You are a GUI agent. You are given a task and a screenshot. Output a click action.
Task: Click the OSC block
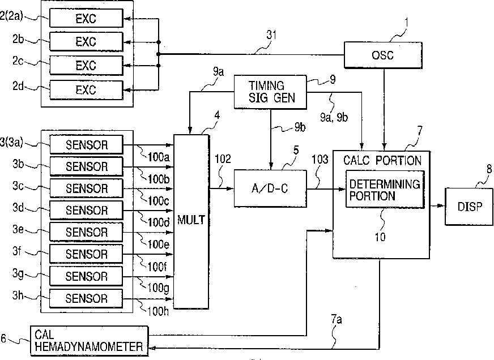click(x=383, y=55)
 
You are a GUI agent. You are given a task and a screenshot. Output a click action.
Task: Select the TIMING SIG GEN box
click(x=270, y=92)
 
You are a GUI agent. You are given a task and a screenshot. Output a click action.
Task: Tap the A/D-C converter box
click(x=270, y=188)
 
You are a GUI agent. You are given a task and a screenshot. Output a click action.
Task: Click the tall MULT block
click(x=191, y=221)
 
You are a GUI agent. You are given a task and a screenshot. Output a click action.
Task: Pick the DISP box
click(x=469, y=207)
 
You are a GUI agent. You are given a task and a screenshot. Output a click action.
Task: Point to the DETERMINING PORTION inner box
click(x=385, y=189)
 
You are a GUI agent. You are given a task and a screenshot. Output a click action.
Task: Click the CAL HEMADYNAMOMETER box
click(x=89, y=341)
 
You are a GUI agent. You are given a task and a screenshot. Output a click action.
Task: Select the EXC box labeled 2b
click(x=86, y=41)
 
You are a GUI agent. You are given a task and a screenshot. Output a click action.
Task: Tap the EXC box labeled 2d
click(x=86, y=90)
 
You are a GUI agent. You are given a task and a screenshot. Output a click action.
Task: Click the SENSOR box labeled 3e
click(x=86, y=232)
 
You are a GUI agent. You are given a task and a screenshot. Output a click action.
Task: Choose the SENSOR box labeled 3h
click(x=86, y=298)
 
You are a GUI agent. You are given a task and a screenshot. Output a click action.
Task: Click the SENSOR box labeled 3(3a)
click(x=86, y=145)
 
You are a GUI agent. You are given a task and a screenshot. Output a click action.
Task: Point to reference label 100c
click(x=158, y=200)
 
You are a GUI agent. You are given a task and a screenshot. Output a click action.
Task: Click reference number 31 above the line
click(x=271, y=35)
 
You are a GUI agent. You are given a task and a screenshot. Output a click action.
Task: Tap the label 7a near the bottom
click(x=336, y=319)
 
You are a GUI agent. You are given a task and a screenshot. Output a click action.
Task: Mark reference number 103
click(x=320, y=159)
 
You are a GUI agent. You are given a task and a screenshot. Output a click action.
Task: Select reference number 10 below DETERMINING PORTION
click(x=380, y=237)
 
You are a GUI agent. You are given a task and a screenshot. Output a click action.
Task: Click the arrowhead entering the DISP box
click(x=441, y=206)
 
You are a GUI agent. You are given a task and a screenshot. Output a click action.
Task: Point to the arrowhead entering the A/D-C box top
click(x=271, y=166)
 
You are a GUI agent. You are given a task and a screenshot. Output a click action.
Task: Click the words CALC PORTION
click(x=382, y=161)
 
